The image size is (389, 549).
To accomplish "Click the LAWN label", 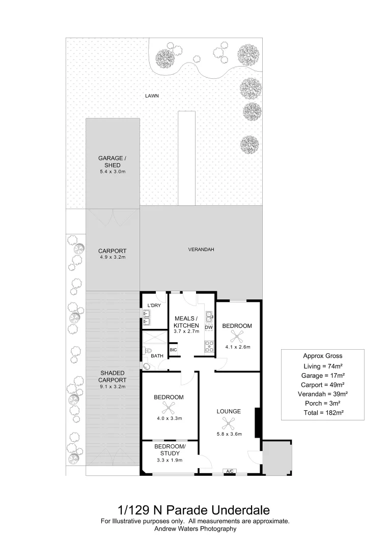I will (x=152, y=96).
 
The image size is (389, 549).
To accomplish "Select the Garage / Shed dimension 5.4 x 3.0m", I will (x=113, y=172).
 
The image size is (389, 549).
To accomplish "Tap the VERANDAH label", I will (x=201, y=250).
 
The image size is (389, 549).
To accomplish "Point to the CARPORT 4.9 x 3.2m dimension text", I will (x=113, y=257).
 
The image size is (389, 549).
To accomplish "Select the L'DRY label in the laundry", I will (x=154, y=305).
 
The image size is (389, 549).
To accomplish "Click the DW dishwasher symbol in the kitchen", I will (x=208, y=328).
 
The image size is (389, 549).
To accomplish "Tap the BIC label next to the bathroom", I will (x=173, y=350).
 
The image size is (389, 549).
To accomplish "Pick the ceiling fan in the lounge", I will (x=229, y=422).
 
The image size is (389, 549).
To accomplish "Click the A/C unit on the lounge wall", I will (x=230, y=472).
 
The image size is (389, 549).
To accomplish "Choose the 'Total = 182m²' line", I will (x=323, y=413).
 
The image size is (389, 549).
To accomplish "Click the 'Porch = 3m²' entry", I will (x=323, y=404).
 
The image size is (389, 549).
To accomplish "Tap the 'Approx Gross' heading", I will (x=323, y=356).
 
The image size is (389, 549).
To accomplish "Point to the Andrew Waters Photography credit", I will (x=195, y=529).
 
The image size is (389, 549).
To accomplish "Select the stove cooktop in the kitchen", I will (x=208, y=347).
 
